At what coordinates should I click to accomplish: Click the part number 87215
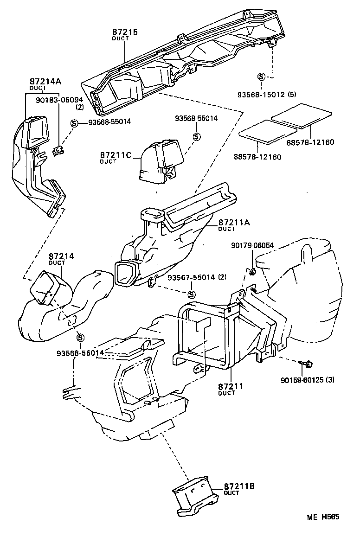point(125,32)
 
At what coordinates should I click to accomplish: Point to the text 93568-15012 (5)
point(267,95)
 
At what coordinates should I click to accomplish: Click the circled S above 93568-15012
point(261,77)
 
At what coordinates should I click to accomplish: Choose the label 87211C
point(115,154)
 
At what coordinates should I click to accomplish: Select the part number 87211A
point(234,223)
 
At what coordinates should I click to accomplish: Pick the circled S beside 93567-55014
point(191,294)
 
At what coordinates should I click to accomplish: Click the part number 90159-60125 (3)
point(307,380)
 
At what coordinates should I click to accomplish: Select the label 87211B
point(239,486)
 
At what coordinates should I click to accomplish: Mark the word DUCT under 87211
point(227,393)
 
